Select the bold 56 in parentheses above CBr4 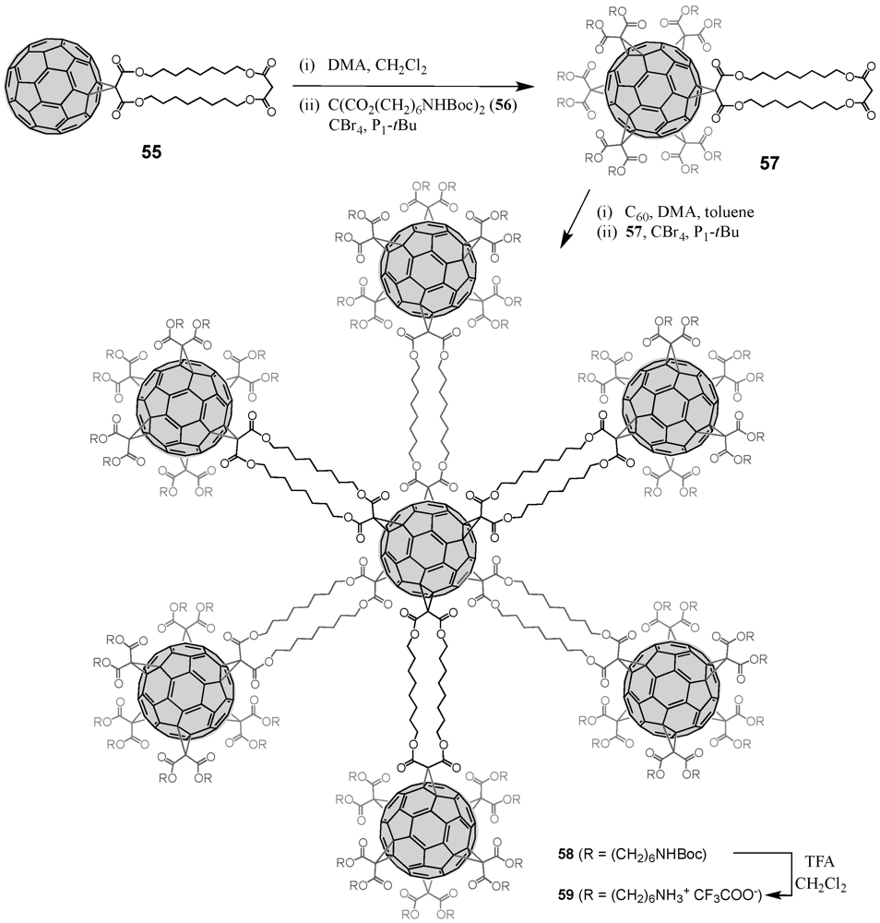coord(475,105)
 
